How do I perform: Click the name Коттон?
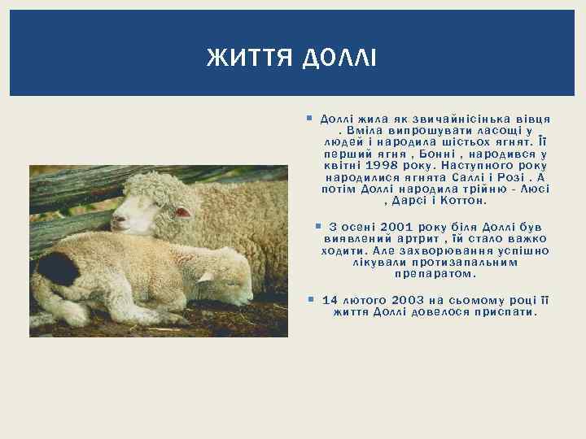[x=463, y=199]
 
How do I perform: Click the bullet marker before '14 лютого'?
[x=313, y=299]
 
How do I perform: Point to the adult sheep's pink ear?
[x=183, y=212]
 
